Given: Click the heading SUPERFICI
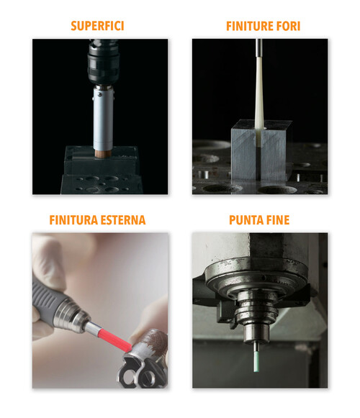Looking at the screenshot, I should [97, 27].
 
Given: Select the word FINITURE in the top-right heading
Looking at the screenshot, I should [242, 27].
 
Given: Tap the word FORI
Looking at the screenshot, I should [284, 27].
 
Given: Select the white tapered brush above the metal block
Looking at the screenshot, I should [260, 94].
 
